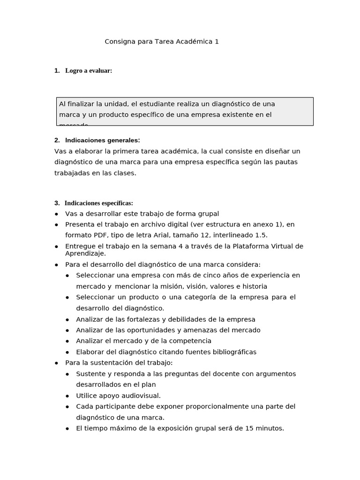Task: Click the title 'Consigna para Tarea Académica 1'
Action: (x=162, y=42)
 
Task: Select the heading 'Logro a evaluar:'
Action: (x=89, y=71)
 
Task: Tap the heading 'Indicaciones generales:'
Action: (x=102, y=140)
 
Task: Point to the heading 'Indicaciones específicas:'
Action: (x=99, y=203)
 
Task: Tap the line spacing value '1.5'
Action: (x=261, y=235)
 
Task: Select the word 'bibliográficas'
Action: (x=232, y=352)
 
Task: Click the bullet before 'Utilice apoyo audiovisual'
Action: (x=67, y=396)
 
